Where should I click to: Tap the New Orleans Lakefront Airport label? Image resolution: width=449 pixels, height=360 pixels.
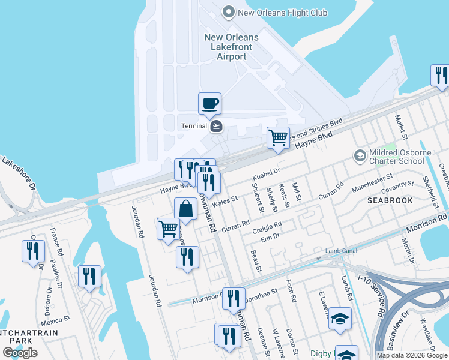231,47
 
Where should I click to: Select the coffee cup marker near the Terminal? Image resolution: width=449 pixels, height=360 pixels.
209,104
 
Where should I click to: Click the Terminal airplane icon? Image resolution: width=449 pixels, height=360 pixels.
217,126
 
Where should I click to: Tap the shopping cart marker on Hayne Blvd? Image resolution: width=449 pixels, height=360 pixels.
278,137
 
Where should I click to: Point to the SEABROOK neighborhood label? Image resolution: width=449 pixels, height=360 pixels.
390,200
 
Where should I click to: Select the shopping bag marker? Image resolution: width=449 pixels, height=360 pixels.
186,209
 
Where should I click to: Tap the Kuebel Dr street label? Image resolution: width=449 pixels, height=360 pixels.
267,173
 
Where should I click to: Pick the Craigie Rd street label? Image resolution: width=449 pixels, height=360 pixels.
267,226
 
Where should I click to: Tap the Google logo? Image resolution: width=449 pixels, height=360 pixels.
20,353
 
